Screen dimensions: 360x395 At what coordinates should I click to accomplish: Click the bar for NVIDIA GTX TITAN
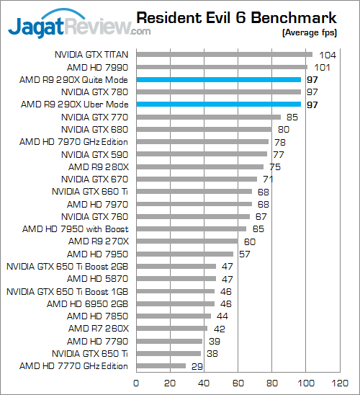pyautogui.click(x=225, y=55)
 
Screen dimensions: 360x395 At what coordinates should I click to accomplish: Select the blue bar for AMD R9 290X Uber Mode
pyautogui.click(x=219, y=105)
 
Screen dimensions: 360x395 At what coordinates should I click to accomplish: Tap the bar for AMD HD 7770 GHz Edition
pyautogui.click(x=161, y=365)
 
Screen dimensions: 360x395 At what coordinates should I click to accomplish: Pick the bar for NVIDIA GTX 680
pyautogui.click(x=204, y=130)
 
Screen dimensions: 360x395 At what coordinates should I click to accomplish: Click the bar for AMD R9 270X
pyautogui.click(x=187, y=241)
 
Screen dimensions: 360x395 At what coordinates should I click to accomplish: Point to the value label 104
pyautogui.click(x=328, y=56)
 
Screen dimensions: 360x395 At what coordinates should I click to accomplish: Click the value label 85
pyautogui.click(x=292, y=117)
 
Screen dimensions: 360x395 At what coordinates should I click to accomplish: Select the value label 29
pyautogui.click(x=197, y=366)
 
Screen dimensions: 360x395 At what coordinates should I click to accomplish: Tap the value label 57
pyautogui.click(x=245, y=254)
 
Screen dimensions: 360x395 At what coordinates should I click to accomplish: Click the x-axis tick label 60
pyautogui.click(x=238, y=383)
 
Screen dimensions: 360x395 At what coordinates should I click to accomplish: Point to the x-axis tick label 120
pyautogui.click(x=340, y=383)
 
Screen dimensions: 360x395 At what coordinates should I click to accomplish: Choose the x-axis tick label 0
pyautogui.click(x=136, y=383)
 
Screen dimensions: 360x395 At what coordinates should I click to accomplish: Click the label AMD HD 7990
pyautogui.click(x=97, y=68)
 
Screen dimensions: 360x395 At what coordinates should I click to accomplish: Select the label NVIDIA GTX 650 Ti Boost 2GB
pyautogui.click(x=68, y=267)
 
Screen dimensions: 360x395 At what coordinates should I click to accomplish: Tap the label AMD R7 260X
pyautogui.click(x=99, y=329)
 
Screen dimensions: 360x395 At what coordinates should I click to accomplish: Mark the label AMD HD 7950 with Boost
pyautogui.click(x=75, y=229)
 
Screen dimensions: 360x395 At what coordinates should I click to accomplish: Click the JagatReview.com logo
pyautogui.click(x=79, y=25)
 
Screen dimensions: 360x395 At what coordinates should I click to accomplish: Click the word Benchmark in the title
pyautogui.click(x=294, y=18)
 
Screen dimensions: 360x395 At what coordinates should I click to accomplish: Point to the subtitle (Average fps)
pyautogui.click(x=310, y=33)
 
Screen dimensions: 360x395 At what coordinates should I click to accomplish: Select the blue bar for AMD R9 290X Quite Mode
pyautogui.click(x=219, y=79)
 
